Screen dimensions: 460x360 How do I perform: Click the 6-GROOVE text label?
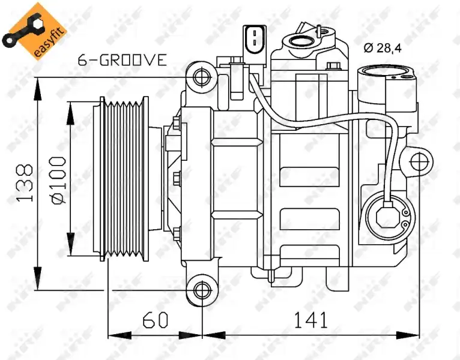pos(123,60)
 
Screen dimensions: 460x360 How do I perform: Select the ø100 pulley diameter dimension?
pos(58,180)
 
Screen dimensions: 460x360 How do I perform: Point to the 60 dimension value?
pos(156,320)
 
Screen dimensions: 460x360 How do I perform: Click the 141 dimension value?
pos(310,320)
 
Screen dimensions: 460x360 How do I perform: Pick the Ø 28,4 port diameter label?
pos(383,47)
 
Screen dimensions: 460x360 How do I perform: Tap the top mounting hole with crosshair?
pos(202,77)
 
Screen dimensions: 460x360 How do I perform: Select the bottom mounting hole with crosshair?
pos(202,290)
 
